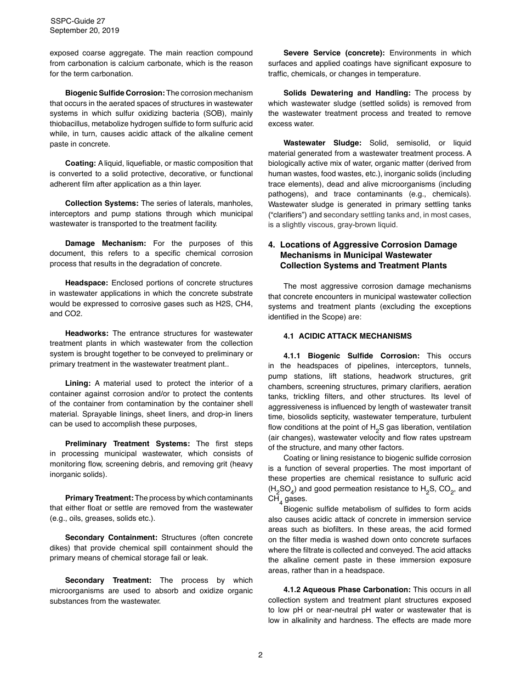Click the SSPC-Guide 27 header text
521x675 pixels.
point(77,21)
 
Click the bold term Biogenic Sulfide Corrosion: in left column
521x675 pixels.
point(115,93)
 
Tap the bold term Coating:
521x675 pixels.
point(81,163)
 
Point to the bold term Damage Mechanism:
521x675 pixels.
point(105,243)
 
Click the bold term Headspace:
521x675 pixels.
point(88,283)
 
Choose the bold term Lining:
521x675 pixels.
point(78,383)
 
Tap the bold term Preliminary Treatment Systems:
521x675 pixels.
point(127,443)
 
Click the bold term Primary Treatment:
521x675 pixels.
point(99,498)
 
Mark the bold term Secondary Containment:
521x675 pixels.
point(111,537)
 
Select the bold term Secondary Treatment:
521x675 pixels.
point(108,580)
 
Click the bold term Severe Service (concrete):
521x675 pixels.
point(334,53)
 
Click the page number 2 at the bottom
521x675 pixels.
point(260,654)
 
